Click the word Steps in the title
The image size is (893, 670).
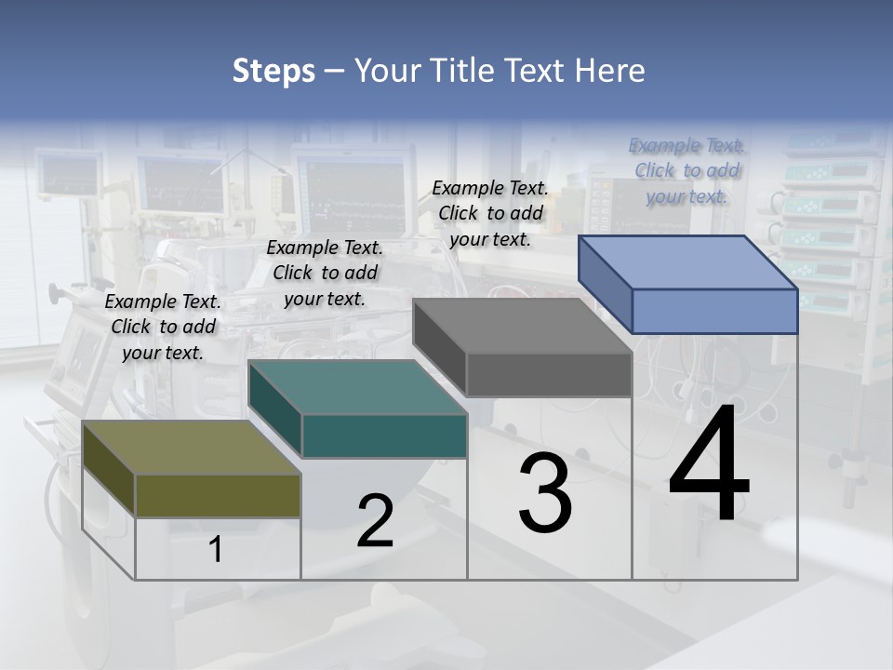273,71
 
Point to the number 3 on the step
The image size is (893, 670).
545,493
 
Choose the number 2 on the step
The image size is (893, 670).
375,521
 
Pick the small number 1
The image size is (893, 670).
216,550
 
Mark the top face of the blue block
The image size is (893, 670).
688,262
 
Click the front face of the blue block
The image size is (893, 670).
714,311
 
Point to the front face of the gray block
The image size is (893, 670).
549,375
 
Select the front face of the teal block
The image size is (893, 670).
384,435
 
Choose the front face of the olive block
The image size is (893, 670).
218,495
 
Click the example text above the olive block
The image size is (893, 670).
163,327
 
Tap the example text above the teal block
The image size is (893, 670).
325,273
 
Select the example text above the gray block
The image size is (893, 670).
490,213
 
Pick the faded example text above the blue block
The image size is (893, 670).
686,170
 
